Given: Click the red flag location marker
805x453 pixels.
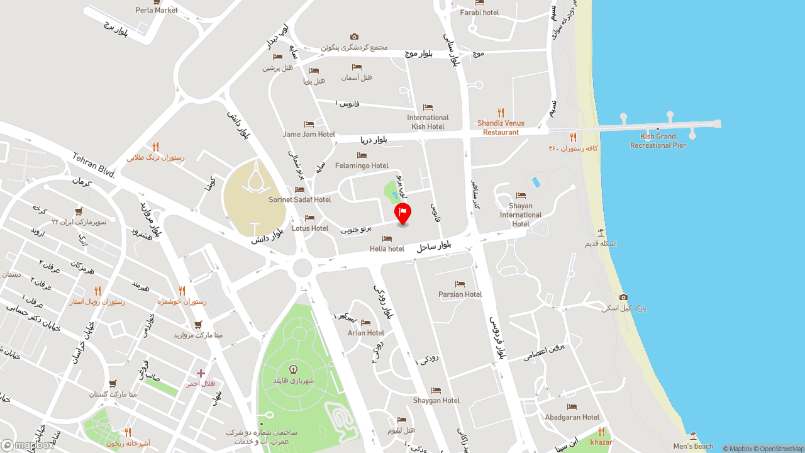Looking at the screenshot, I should tap(402, 213).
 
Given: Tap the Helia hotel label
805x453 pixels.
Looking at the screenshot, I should tap(387, 249).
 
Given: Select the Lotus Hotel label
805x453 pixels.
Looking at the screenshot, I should tap(310, 228).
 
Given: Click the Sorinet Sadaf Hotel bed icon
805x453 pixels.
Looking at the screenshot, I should tap(299, 189).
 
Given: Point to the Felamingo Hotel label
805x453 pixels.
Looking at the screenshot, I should tap(362, 165).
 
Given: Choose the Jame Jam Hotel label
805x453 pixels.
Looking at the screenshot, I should tap(309, 134).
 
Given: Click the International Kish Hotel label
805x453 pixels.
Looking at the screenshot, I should tap(428, 122).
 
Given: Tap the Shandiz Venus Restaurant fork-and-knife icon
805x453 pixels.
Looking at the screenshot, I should tap(501, 113).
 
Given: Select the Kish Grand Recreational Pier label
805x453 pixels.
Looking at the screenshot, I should tap(658, 141).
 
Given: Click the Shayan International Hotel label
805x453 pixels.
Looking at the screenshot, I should tap(521, 215).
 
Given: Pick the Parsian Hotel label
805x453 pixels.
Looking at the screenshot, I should tap(460, 294).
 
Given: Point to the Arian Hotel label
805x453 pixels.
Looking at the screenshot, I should tap(366, 333).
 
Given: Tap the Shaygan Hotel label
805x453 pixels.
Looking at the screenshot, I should tap(436, 400).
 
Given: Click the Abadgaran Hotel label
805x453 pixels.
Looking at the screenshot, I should tap(572, 417).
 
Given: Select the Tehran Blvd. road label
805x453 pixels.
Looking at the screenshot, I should tap(94, 165).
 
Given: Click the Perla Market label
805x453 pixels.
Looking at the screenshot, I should tap(157, 10).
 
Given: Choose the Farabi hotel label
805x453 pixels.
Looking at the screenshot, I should tap(479, 13).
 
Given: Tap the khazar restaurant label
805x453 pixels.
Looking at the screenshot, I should tap(601, 442).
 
